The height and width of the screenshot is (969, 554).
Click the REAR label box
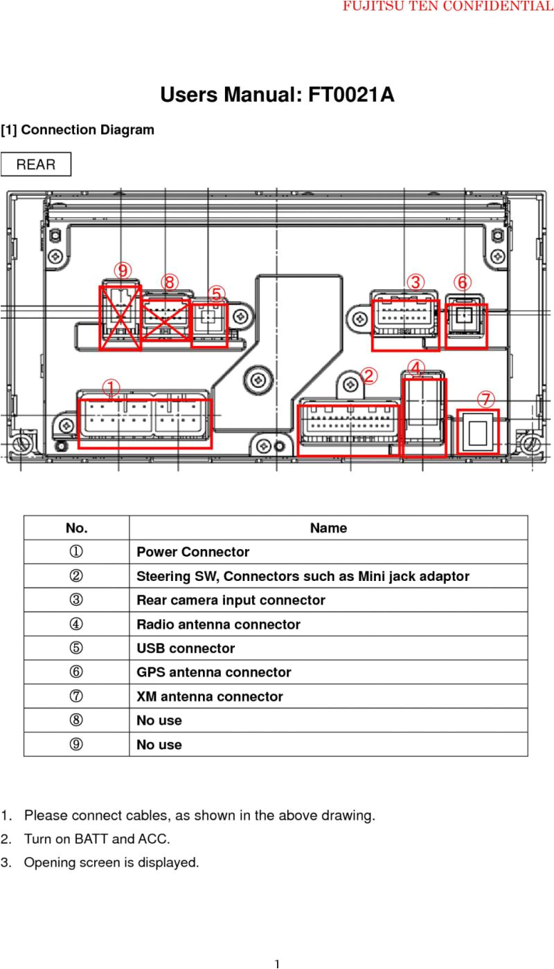(x=35, y=165)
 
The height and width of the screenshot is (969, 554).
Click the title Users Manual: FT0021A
(x=277, y=95)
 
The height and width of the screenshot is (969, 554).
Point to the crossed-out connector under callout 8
(x=165, y=320)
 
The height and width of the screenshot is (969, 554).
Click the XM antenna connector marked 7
(x=479, y=432)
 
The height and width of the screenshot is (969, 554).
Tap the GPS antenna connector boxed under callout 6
(x=466, y=326)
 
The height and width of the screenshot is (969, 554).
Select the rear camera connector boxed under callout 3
(x=405, y=325)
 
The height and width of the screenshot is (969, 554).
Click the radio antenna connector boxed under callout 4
(x=424, y=417)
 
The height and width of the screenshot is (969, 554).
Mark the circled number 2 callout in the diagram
(x=369, y=376)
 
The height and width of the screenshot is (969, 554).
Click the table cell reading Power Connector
(x=193, y=552)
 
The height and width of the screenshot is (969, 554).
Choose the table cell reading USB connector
(x=186, y=648)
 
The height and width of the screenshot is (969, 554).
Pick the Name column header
(x=328, y=528)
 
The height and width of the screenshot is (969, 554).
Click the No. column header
(x=76, y=528)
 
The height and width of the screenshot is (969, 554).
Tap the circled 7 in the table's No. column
(x=76, y=696)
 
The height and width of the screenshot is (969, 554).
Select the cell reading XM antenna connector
(x=209, y=696)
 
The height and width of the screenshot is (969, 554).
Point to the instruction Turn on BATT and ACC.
(x=97, y=839)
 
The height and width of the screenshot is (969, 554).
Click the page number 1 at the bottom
(x=276, y=963)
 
